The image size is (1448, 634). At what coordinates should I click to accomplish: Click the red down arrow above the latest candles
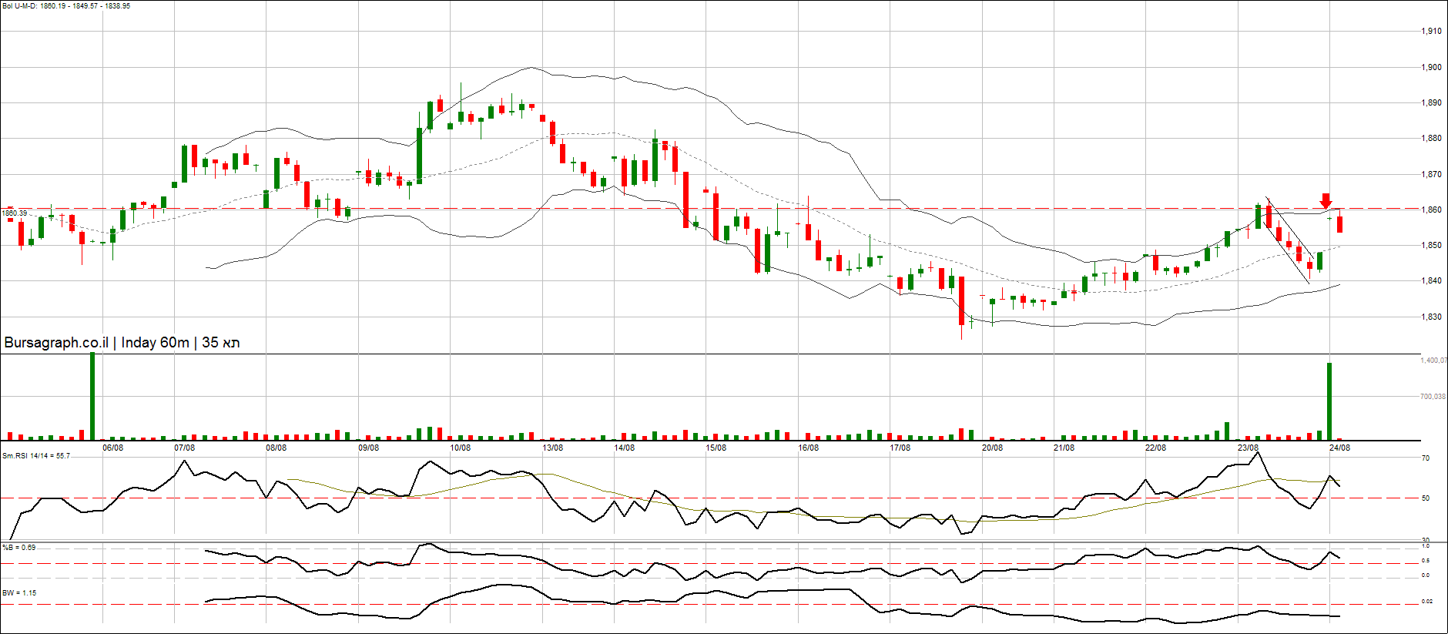(x=1326, y=200)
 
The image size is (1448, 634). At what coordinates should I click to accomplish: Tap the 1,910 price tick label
(x=1431, y=32)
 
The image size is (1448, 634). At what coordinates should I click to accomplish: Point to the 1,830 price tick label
(x=1431, y=317)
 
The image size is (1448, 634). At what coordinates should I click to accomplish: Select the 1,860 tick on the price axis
(x=1431, y=210)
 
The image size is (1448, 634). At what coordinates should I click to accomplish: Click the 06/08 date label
(x=112, y=448)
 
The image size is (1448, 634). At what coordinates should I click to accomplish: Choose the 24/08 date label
(x=1339, y=448)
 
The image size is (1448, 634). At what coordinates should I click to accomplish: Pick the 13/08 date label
(x=552, y=448)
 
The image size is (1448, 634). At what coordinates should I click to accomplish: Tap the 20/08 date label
(x=992, y=448)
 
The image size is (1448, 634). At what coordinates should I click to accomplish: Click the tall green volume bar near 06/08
(x=92, y=396)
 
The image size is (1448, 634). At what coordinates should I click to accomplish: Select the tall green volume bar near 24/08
(x=1329, y=401)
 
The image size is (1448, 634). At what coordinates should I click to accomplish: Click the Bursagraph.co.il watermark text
(x=122, y=343)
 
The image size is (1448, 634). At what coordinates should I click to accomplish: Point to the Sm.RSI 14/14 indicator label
(x=36, y=456)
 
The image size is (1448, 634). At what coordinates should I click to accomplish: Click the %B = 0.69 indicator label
(x=19, y=548)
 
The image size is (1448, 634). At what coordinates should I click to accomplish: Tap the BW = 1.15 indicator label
(x=19, y=593)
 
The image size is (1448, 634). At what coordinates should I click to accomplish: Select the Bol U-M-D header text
(x=66, y=6)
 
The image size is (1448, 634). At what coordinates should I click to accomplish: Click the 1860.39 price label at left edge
(x=14, y=213)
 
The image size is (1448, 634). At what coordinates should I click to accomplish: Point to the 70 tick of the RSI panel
(x=1426, y=458)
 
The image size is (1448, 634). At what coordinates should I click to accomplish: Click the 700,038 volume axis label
(x=1433, y=397)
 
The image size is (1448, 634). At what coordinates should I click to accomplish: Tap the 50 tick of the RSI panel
(x=1426, y=498)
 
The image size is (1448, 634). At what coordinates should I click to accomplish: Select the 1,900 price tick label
(x=1431, y=68)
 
